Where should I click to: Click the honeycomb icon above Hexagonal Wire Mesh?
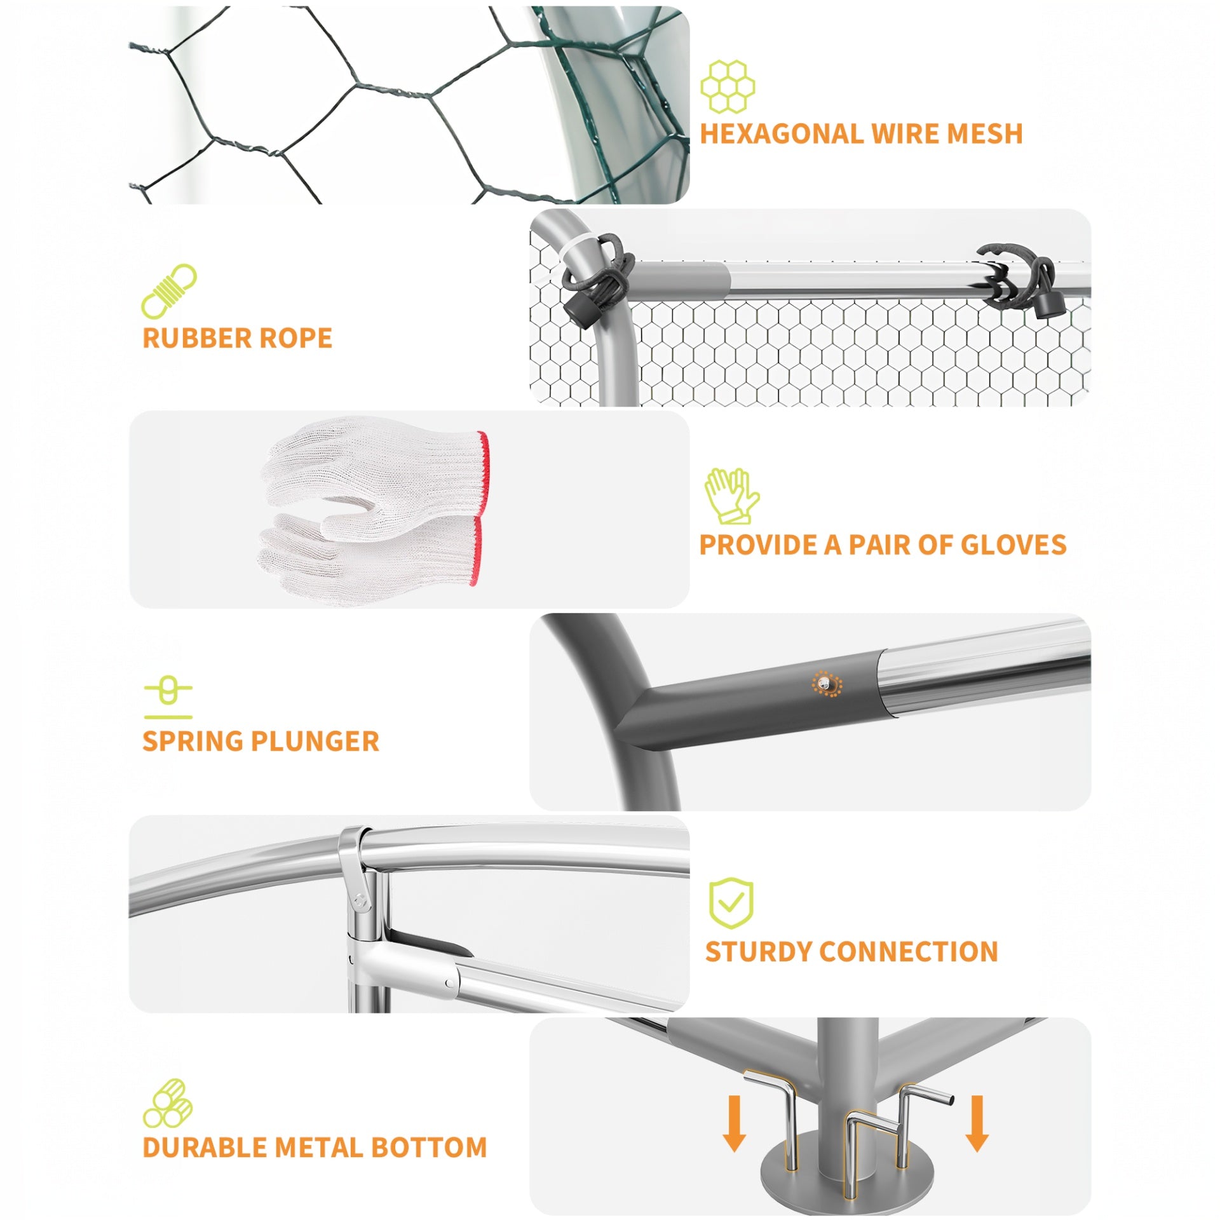728,86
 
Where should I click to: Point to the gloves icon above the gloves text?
731,496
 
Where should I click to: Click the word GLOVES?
1013,545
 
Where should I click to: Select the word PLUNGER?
315,741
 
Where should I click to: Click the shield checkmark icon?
731,904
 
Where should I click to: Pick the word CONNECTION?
909,952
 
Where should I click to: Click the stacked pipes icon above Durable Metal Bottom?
168,1103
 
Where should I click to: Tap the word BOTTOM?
429,1148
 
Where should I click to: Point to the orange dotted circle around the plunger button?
827,684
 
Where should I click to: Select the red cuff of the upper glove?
483,471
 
